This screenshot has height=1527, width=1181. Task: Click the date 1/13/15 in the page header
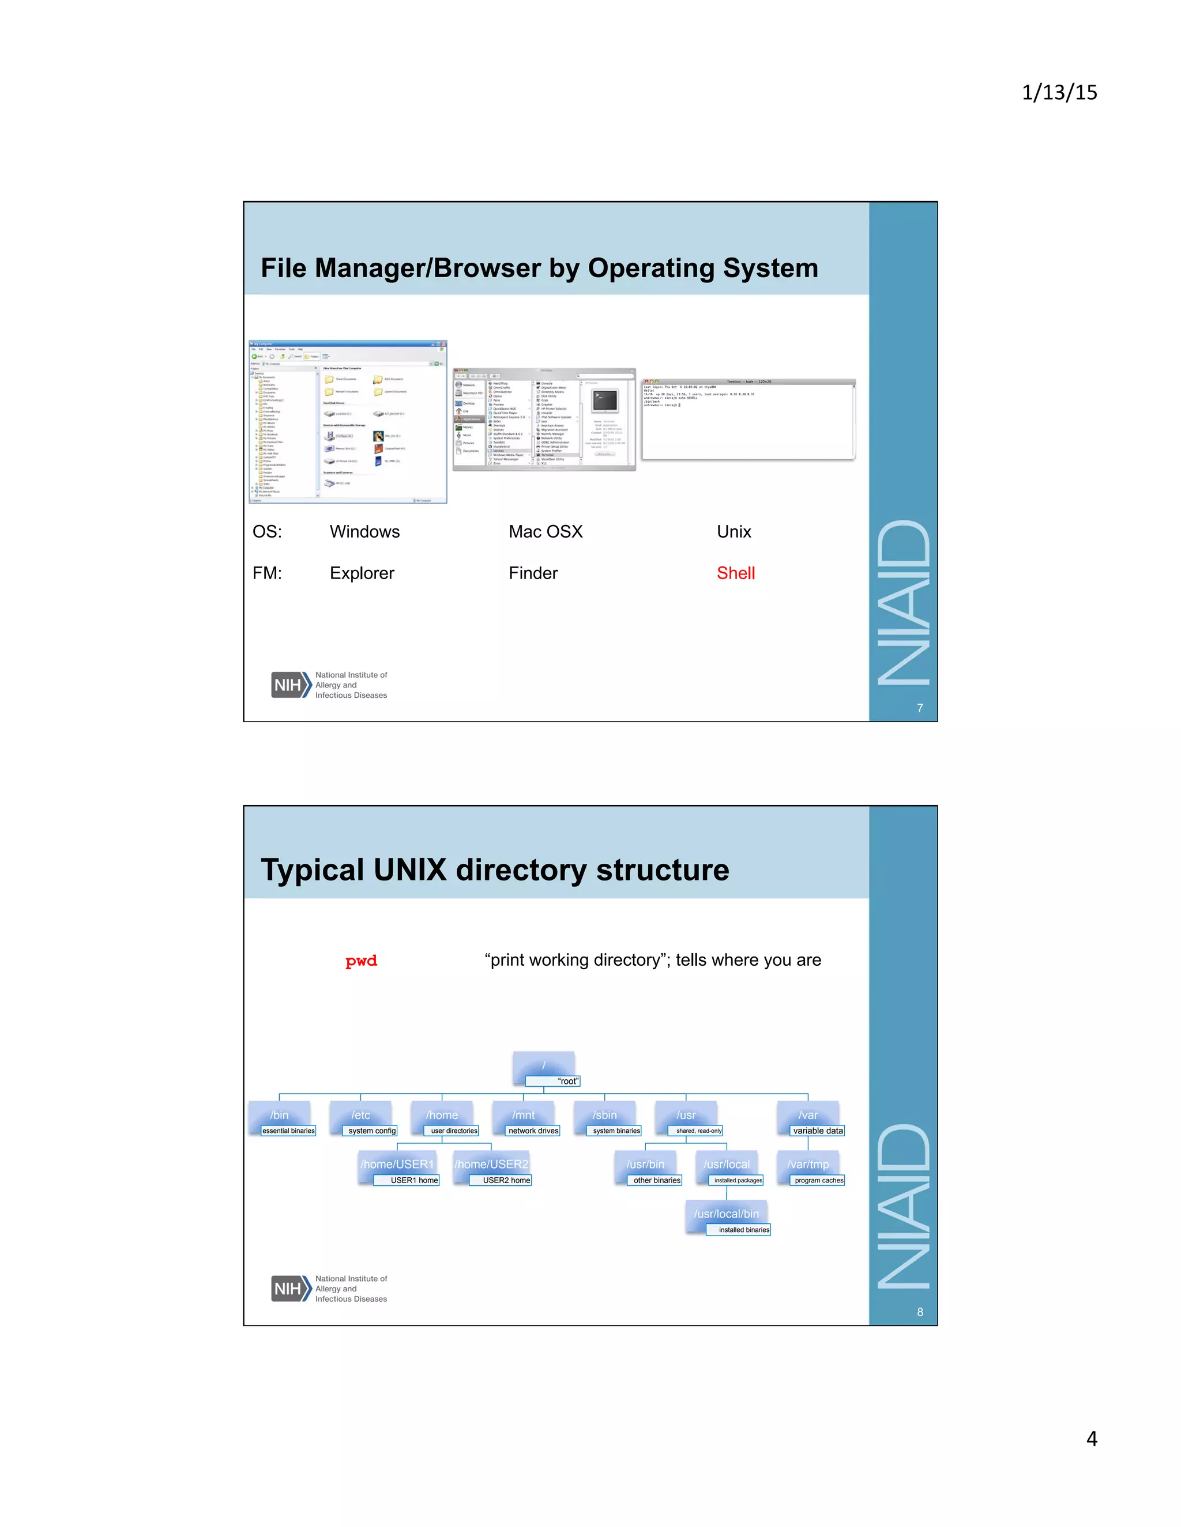[x=1059, y=92]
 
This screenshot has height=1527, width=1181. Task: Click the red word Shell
[x=735, y=573]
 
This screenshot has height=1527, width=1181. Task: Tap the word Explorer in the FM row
[x=362, y=573]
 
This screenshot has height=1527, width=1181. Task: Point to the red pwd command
[x=361, y=961]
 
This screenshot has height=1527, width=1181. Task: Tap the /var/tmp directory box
[x=807, y=1164]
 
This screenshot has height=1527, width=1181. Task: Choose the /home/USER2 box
[x=491, y=1164]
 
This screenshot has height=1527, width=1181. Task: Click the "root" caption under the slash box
[x=567, y=1081]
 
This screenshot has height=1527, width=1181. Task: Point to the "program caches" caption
[x=819, y=1180]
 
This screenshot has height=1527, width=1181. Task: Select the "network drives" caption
[x=533, y=1131]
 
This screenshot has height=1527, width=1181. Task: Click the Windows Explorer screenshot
[x=348, y=422]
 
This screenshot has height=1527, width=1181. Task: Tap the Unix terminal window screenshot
[x=749, y=419]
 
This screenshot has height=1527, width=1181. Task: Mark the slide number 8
[x=919, y=1312]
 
